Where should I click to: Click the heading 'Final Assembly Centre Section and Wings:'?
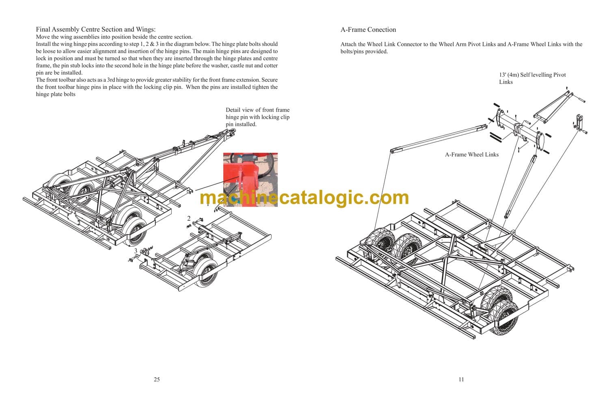[x=96, y=29]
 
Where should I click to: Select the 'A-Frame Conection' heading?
[x=368, y=30]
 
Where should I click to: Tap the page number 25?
[x=157, y=379]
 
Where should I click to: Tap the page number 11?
[x=461, y=379]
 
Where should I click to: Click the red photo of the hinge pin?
[x=251, y=180]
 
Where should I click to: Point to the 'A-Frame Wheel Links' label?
[x=472, y=155]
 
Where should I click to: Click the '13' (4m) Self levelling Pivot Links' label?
[x=532, y=78]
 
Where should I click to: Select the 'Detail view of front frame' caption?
[x=257, y=110]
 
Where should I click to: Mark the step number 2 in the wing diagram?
[x=189, y=218]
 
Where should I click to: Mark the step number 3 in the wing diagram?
[x=136, y=251]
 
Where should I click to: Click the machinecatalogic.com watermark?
[x=304, y=198]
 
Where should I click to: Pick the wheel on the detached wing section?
[x=205, y=272]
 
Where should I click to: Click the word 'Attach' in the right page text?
[x=348, y=44]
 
